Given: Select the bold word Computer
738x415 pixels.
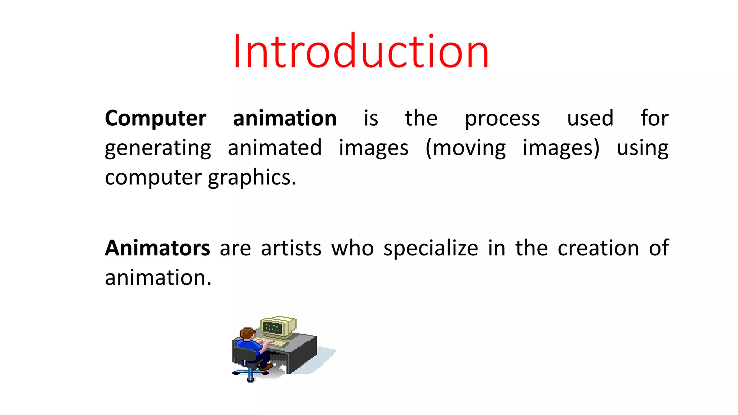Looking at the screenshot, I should [x=155, y=118].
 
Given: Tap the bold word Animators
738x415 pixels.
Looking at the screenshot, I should [x=157, y=248].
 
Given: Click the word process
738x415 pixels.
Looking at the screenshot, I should [x=502, y=119].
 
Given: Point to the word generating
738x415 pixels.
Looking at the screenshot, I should [x=158, y=148].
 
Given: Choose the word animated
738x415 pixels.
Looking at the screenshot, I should [x=275, y=148].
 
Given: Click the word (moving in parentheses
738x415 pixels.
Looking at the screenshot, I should [x=466, y=148].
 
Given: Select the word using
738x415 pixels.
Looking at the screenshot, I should [x=643, y=148].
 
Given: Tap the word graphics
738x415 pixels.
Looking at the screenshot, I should [x=252, y=178].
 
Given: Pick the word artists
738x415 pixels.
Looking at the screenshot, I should [x=291, y=248].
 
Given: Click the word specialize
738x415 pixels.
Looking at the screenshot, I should [x=431, y=249].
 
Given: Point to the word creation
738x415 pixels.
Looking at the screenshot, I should [x=598, y=248].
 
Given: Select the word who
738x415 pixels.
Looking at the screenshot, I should [x=352, y=248].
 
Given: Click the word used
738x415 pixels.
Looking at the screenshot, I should [x=590, y=118].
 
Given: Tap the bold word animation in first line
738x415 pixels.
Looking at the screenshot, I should [x=285, y=118].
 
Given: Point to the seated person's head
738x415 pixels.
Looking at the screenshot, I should [x=247, y=333].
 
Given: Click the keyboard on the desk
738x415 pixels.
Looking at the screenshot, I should [x=277, y=343].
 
